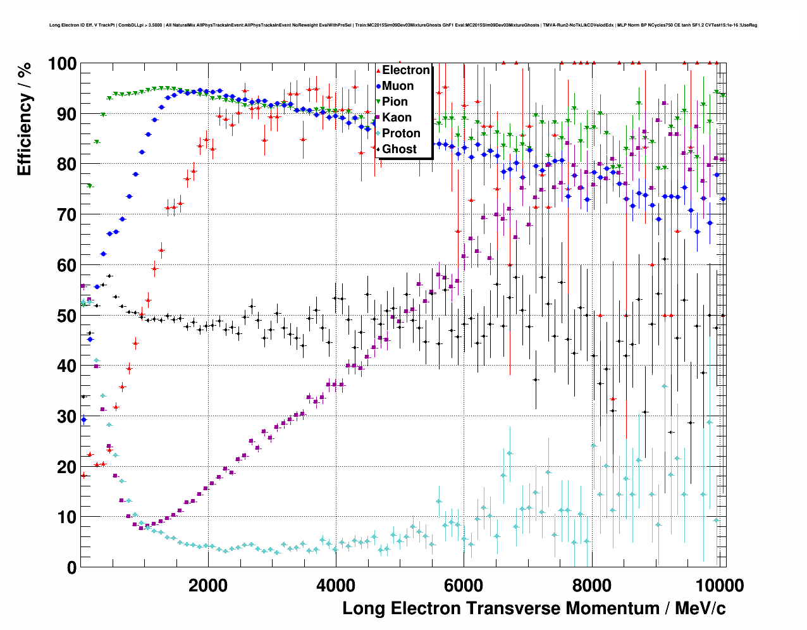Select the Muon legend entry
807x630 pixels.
(398, 86)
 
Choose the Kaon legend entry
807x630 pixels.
(397, 118)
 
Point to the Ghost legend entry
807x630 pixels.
(399, 149)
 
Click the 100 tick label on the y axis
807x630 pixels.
(62, 64)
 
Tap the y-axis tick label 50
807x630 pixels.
(66, 316)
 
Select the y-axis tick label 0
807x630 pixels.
(71, 567)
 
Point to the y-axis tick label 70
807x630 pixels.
(66, 215)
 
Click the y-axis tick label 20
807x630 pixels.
(66, 467)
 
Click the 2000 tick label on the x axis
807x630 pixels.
(208, 585)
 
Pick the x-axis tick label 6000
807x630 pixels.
(463, 585)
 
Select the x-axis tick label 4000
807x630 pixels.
(336, 585)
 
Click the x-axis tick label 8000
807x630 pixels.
(591, 585)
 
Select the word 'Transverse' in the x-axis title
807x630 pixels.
(513, 608)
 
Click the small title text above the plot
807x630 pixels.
(403, 25)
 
